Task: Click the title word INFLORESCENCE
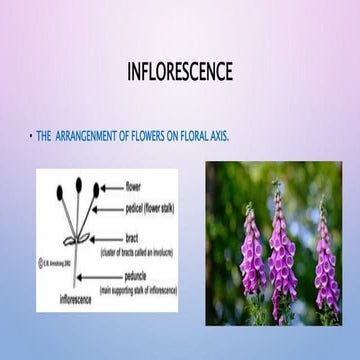pos(180,72)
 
